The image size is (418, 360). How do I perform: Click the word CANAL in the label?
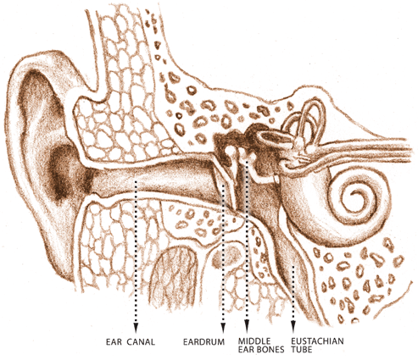coord(141,342)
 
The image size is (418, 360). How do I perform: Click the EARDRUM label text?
coord(203,342)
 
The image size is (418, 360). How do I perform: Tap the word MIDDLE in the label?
coord(254,341)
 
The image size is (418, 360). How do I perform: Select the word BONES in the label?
coord(270,350)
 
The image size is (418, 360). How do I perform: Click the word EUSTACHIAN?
coord(317,341)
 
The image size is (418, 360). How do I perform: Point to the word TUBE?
coord(302,350)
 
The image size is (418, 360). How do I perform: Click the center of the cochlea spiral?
coord(357,198)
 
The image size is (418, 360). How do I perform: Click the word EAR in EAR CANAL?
coord(114,342)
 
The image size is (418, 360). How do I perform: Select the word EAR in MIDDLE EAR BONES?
coord(246,350)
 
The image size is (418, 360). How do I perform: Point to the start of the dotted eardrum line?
coord(223,185)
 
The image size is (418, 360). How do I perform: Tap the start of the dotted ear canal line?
coord(136,181)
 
